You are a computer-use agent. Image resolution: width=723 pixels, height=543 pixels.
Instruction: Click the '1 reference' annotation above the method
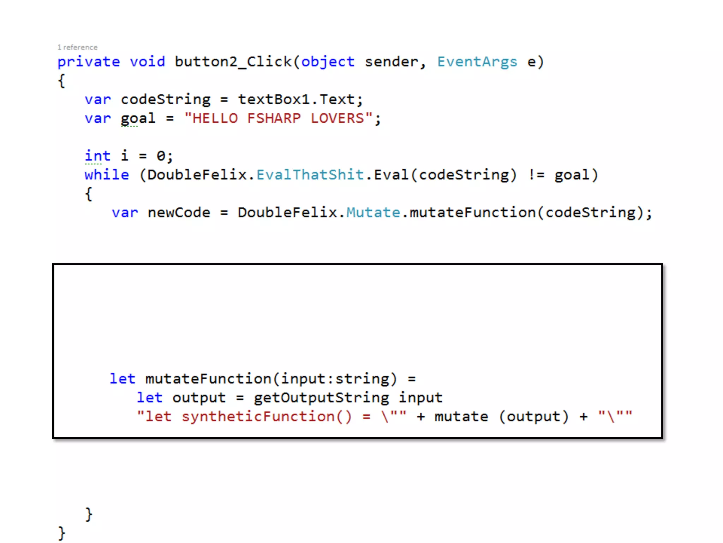[x=77, y=47]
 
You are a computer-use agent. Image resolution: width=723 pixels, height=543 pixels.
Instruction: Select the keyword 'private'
[x=89, y=62]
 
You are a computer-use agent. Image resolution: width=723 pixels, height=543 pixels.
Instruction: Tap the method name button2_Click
[x=233, y=62]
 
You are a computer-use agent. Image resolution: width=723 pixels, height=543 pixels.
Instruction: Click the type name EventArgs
[x=477, y=62]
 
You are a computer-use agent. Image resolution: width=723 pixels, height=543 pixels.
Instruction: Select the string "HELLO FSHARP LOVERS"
[x=279, y=118]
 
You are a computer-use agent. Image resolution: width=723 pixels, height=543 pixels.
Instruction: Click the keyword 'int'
[x=97, y=156]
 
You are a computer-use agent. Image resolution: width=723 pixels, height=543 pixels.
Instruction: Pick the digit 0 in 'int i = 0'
[x=161, y=156]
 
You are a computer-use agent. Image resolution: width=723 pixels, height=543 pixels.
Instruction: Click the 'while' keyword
[x=107, y=175]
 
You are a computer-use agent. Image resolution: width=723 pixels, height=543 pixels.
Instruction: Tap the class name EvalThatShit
[x=310, y=175]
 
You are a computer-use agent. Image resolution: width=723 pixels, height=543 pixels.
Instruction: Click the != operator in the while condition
[x=536, y=175]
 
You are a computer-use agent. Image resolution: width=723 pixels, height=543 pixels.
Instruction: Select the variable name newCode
[x=179, y=213]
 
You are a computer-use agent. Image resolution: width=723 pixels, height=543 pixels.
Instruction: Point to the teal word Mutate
[x=373, y=213]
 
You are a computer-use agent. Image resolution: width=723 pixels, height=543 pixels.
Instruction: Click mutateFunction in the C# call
[x=472, y=213]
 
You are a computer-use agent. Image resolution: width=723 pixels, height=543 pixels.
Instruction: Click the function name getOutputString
[x=321, y=398]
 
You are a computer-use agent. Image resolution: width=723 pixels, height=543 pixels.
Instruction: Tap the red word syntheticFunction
[x=258, y=417]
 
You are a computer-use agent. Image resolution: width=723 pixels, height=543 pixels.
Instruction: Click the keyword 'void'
[x=147, y=62]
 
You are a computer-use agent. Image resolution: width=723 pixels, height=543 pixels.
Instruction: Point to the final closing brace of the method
[x=61, y=533]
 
